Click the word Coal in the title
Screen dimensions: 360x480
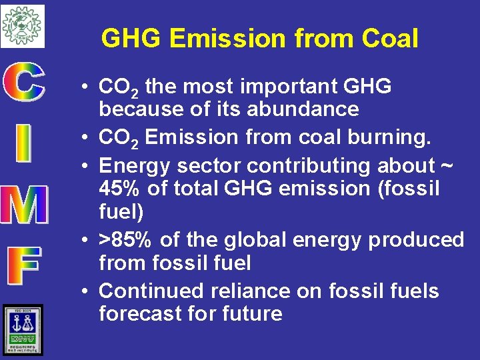(x=390, y=39)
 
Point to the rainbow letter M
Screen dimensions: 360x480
(x=24, y=204)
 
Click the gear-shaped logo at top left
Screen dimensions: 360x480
(x=22, y=25)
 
